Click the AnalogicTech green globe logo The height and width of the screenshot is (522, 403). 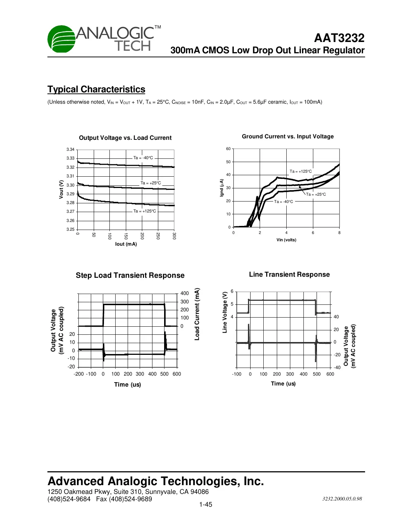click(x=61, y=39)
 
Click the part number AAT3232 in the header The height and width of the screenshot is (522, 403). click(x=339, y=38)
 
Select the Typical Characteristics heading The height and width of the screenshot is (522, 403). click(x=96, y=89)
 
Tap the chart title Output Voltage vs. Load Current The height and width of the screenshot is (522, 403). click(x=125, y=138)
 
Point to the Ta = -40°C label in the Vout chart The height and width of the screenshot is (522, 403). click(x=143, y=158)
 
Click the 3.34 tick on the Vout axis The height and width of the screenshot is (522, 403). click(x=70, y=150)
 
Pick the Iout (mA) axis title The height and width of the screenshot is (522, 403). click(x=126, y=244)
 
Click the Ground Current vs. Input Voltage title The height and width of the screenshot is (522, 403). click(x=288, y=137)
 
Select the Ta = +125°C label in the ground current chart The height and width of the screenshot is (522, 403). click(x=301, y=172)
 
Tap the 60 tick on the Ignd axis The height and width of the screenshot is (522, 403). click(x=228, y=149)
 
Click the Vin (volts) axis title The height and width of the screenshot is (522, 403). click(x=286, y=240)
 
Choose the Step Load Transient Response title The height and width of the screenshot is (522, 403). click(x=130, y=276)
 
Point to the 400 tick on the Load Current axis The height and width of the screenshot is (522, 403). click(x=185, y=293)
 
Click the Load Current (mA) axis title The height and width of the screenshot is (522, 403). click(x=197, y=314)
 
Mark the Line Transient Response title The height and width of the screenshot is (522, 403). click(x=289, y=275)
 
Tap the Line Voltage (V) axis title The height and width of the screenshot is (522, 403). click(x=225, y=312)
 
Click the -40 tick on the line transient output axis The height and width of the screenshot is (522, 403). click(x=337, y=368)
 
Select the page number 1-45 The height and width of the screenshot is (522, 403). click(x=206, y=505)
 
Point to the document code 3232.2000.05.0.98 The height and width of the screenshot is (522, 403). click(x=342, y=499)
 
